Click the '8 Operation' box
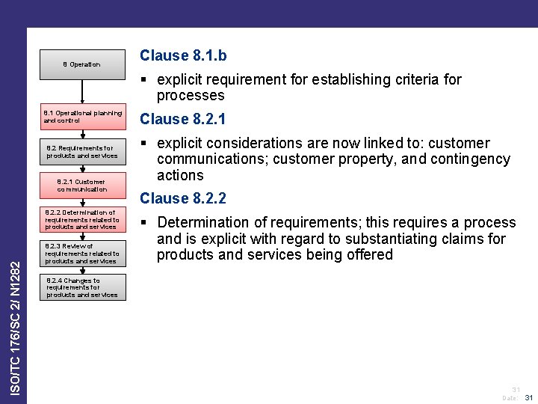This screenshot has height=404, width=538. [x=81, y=64]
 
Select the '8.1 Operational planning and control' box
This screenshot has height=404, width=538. [x=82, y=116]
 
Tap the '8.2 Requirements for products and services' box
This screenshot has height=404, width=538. [x=82, y=152]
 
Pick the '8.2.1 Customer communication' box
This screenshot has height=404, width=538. [x=82, y=185]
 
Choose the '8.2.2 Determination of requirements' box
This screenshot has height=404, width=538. [x=82, y=219]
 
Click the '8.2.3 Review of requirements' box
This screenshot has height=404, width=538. [x=82, y=254]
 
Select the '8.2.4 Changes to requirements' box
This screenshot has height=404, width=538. [x=82, y=288]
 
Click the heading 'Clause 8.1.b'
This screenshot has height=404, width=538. [x=184, y=55]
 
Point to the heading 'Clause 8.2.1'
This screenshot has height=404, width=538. [x=184, y=119]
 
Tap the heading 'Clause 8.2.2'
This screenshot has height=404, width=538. [x=184, y=198]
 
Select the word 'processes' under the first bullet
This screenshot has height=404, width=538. [x=190, y=95]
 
